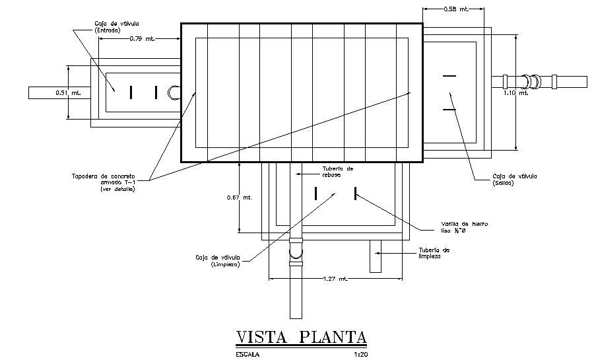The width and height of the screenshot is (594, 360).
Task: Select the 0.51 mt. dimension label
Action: pos(68,92)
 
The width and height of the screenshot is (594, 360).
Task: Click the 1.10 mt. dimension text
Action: pos(515,93)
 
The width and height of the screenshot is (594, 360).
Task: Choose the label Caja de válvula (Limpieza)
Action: pos(217,261)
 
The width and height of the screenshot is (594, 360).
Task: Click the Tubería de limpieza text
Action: pos(434,254)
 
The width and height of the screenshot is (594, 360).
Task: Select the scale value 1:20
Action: pos(360,355)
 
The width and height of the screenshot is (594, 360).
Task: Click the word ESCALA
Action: pos(247,355)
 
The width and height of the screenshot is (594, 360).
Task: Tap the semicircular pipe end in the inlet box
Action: pos(174,92)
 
